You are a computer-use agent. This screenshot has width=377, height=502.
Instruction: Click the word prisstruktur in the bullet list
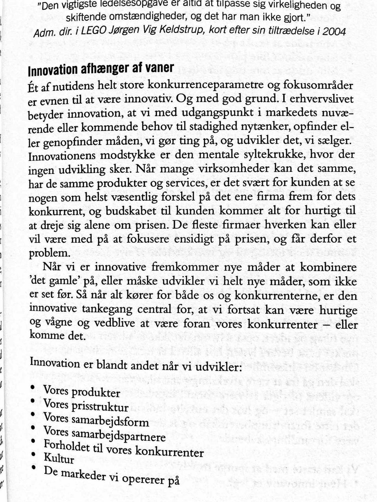[x=99, y=406]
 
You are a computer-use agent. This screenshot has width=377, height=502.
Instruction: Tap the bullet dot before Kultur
[x=34, y=455]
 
